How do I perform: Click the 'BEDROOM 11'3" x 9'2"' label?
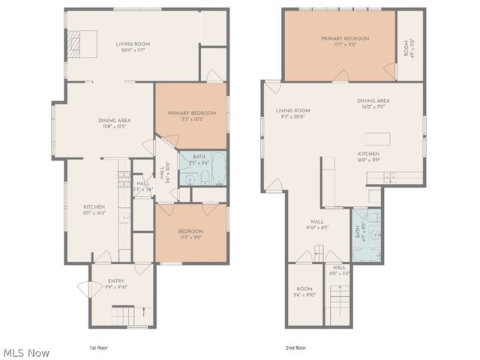[x=190, y=233]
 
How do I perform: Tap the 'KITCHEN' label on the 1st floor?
[x=94, y=209]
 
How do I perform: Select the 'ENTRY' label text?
[x=115, y=283]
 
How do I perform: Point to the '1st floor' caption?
[x=99, y=348]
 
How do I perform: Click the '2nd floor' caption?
[x=295, y=348]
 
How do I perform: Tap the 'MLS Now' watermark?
[x=26, y=352]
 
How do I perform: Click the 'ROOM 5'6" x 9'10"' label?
[x=304, y=292]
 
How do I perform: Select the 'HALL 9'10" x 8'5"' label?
[x=317, y=223]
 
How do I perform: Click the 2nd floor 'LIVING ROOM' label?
[x=292, y=113]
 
